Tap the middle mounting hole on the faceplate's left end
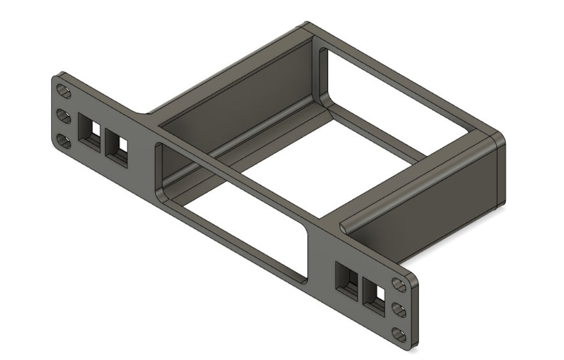[x=64, y=116]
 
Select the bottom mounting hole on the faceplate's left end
[x=64, y=141]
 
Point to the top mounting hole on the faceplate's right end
[x=399, y=285]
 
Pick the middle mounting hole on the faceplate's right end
[x=399, y=310]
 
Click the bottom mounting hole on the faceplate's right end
[x=399, y=334]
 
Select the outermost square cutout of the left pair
[x=89, y=129]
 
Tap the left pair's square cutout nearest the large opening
[x=117, y=144]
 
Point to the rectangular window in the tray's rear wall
[x=397, y=104]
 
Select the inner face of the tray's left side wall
[x=235, y=94]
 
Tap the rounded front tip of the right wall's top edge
[x=344, y=226]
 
